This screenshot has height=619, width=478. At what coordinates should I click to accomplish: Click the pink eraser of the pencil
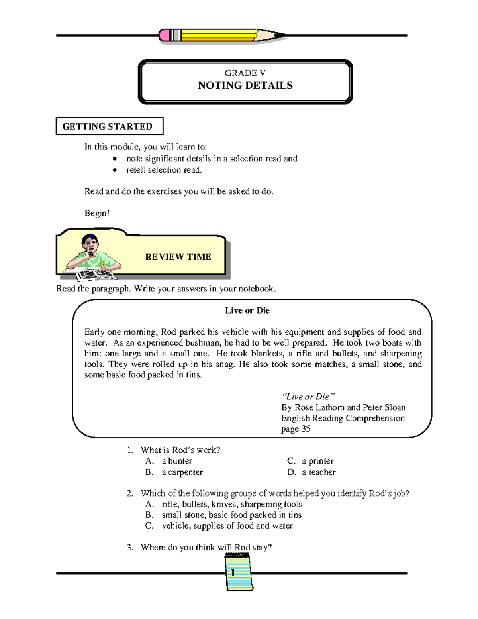pyautogui.click(x=164, y=35)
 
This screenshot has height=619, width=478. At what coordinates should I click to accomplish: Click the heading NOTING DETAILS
pyautogui.click(x=245, y=86)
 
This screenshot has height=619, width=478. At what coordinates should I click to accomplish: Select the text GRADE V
pyautogui.click(x=245, y=73)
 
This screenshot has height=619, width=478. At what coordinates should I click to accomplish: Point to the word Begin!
pyautogui.click(x=97, y=213)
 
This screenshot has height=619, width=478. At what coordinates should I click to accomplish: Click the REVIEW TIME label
pyautogui.click(x=178, y=257)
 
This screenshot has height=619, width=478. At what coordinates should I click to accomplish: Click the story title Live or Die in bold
pyautogui.click(x=247, y=310)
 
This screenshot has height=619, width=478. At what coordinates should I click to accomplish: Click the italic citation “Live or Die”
pyautogui.click(x=308, y=397)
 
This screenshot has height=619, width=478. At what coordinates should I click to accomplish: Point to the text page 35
pyautogui.click(x=296, y=429)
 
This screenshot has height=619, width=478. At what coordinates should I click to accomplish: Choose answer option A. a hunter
pyautogui.click(x=169, y=461)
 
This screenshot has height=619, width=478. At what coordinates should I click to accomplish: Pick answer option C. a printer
pyautogui.click(x=310, y=461)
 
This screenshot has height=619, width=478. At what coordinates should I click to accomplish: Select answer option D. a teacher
pyautogui.click(x=311, y=472)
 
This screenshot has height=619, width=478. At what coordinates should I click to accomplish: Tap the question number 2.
pyautogui.click(x=129, y=493)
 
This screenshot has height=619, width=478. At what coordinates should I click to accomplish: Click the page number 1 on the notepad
pyautogui.click(x=232, y=573)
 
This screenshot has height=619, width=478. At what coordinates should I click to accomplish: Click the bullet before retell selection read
pyautogui.click(x=115, y=170)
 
